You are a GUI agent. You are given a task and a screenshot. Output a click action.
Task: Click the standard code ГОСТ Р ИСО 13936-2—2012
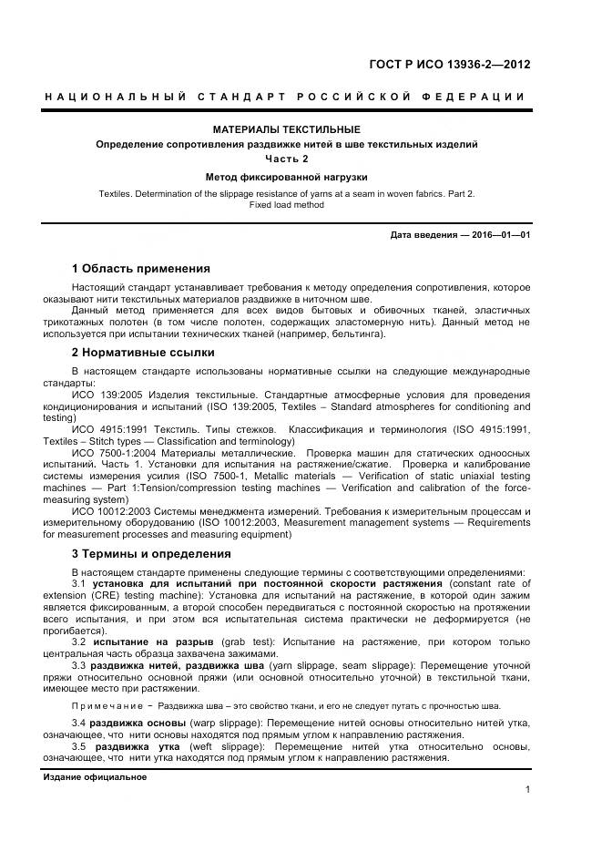[449, 65]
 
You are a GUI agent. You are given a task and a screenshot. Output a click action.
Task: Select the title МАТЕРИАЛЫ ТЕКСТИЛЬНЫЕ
[286, 129]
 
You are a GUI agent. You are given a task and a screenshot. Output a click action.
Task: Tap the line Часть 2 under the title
[286, 159]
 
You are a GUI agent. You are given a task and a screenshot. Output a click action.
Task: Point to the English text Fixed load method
[286, 205]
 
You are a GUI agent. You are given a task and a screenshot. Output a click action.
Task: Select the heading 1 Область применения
[140, 269]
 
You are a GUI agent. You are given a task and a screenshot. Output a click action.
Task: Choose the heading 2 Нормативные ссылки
[143, 352]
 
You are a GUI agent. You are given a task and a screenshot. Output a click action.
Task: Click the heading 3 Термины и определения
[151, 553]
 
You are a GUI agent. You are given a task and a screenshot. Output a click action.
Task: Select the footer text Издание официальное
[95, 777]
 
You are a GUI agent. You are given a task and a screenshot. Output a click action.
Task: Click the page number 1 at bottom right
[527, 790]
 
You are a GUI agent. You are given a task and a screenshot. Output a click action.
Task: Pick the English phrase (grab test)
[231, 642]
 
